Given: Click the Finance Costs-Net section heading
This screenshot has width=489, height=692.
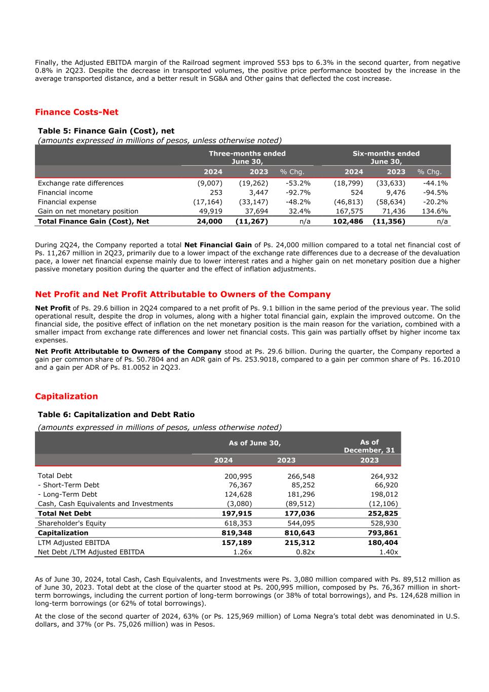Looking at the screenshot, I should tap(77, 112).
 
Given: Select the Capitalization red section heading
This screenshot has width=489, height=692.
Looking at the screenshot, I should tap(66, 396).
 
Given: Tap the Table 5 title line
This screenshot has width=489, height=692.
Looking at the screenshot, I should tap(106, 131).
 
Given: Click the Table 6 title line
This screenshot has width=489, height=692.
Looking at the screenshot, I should tap(116, 415).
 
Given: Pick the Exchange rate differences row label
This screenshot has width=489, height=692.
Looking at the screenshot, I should tap(81, 183).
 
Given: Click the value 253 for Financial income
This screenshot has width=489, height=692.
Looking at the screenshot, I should tap(216, 193).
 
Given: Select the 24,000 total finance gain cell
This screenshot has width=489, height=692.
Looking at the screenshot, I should tap(209, 221).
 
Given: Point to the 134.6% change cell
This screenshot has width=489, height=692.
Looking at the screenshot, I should tap(435, 211).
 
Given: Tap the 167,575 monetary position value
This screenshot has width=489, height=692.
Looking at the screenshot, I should tap(350, 211).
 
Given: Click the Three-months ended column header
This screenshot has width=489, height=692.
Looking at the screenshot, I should tap(247, 157).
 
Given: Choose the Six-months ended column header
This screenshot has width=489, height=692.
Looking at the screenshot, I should tap(386, 157).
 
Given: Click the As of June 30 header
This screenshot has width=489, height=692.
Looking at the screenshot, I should tap(255, 443).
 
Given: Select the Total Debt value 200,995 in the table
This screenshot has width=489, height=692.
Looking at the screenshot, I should tap(238, 477).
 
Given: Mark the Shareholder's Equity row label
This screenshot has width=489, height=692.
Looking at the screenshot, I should tap(72, 523).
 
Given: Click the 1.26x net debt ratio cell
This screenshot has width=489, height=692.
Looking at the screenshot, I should tap(243, 552).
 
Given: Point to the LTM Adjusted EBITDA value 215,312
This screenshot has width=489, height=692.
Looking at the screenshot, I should tap(299, 542).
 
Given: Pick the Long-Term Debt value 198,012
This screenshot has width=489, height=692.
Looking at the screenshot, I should tap(384, 494).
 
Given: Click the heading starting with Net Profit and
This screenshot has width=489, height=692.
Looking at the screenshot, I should tap(182, 295).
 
